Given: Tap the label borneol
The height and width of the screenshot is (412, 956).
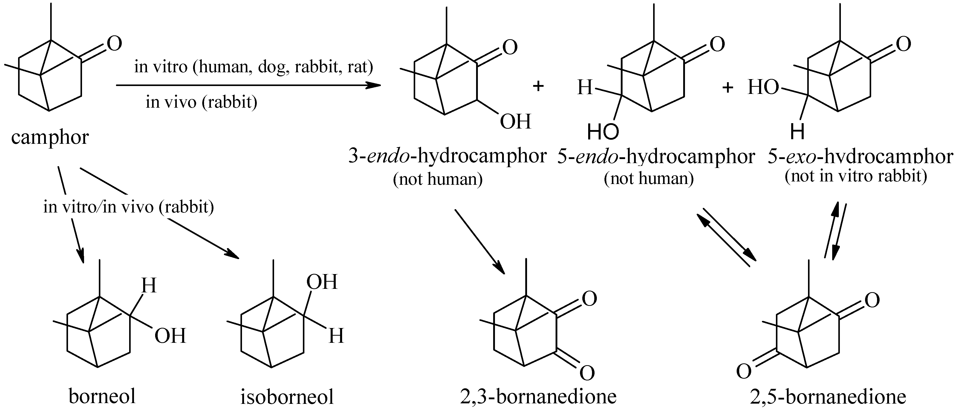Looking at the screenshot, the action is tap(102, 396).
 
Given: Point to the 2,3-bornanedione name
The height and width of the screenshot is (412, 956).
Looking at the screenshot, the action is tap(538, 396).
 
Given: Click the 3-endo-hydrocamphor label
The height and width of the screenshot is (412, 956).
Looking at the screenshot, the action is tap(447, 157).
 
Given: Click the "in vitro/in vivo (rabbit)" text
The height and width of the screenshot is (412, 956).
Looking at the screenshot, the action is tap(128, 207).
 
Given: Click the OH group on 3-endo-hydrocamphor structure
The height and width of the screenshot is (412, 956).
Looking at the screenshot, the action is tap(516, 122).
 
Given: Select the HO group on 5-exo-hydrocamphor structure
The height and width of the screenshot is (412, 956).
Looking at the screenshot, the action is tap(763, 88).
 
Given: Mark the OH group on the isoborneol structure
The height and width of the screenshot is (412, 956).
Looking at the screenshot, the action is tap(322, 282).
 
